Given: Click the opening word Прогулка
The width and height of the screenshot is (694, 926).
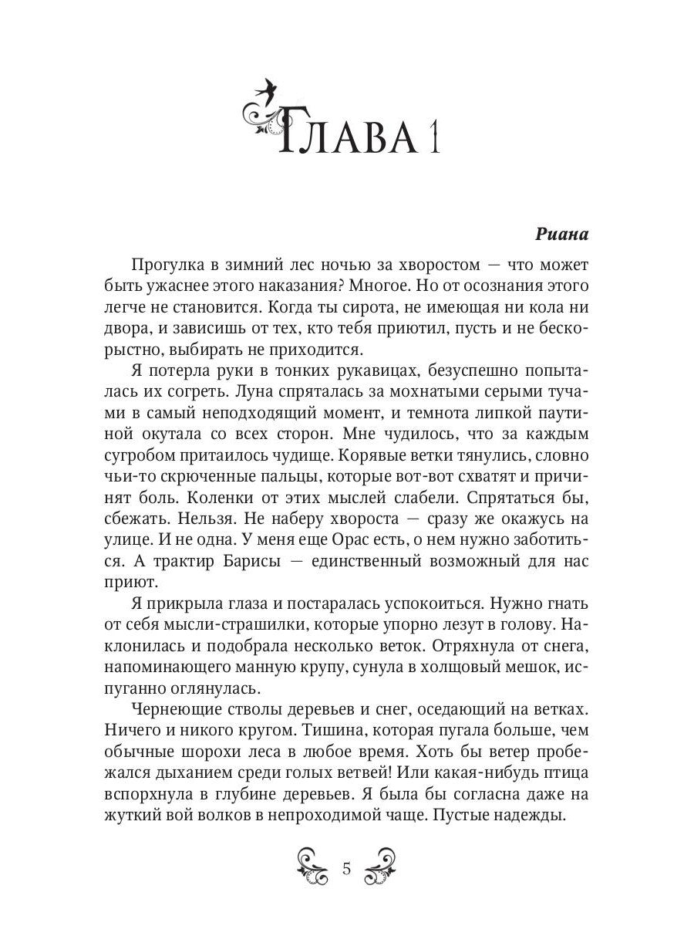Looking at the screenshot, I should click(x=166, y=265).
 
